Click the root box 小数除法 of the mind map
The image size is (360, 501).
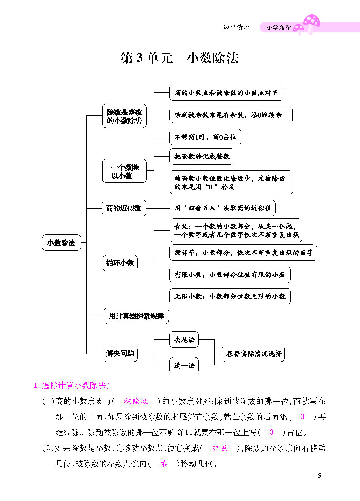[62, 242]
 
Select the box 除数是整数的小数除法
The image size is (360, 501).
[124, 116]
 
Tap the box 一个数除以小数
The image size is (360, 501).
[124, 171]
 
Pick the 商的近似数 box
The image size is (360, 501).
[124, 208]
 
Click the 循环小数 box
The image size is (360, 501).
[120, 263]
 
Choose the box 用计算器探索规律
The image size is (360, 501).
[136, 316]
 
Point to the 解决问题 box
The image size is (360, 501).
[120, 354]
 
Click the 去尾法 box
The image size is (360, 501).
[184, 340]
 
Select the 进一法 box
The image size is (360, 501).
[184, 365]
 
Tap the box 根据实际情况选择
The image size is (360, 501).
[253, 354]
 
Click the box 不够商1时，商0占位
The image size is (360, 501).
[205, 137]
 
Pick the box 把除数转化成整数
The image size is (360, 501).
[202, 156]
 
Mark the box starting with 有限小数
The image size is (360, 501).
[230, 275]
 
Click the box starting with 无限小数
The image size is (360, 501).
[230, 296]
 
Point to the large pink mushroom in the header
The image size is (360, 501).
[311, 24]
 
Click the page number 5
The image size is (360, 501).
[320, 475]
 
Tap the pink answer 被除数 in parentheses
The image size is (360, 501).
[136, 401]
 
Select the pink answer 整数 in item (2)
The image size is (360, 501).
[220, 448]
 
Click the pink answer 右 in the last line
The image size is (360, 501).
[164, 464]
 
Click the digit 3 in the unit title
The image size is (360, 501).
[139, 57]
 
